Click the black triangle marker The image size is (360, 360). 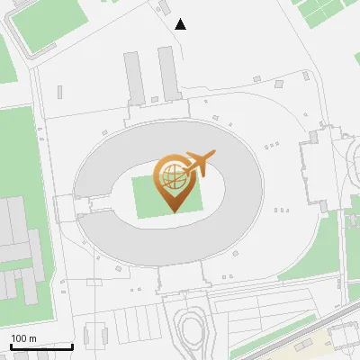point(180,24)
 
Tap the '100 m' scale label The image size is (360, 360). point(25,338)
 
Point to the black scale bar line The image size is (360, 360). point(41,346)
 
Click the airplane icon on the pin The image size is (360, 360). point(197,164)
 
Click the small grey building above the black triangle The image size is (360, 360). point(164,8)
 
